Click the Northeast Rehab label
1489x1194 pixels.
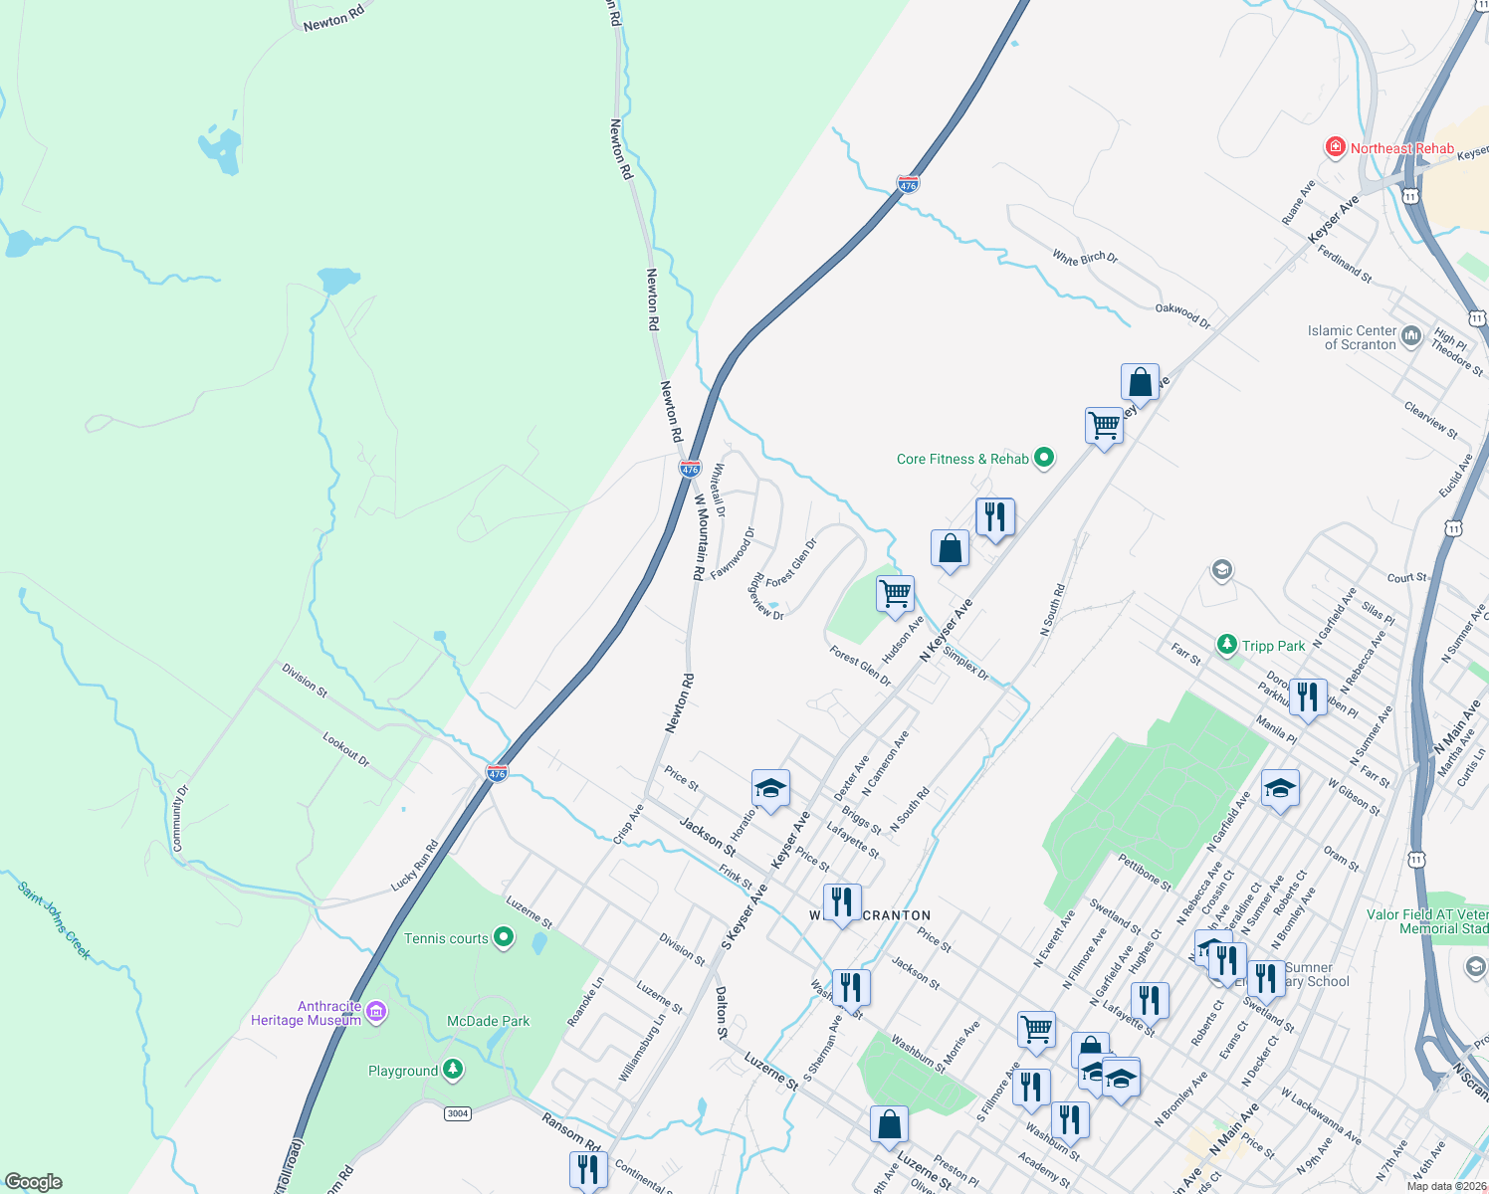click(x=1401, y=148)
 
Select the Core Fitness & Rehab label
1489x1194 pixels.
click(x=962, y=459)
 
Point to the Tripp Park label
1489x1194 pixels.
click(x=1273, y=646)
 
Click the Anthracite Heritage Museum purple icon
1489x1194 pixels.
click(x=376, y=1012)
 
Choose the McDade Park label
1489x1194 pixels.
click(x=488, y=1021)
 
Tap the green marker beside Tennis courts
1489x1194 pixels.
click(x=504, y=936)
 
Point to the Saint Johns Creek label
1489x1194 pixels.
click(x=55, y=920)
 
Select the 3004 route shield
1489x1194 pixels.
click(x=457, y=1112)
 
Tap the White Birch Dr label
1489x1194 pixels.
click(x=1085, y=257)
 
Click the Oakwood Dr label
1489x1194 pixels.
click(x=1182, y=315)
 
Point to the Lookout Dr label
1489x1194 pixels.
click(x=345, y=748)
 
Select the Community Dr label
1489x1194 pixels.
click(x=179, y=818)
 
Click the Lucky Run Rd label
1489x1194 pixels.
click(x=414, y=866)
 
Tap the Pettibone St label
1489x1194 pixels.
click(x=1145, y=872)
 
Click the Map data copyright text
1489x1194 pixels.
click(x=1445, y=1186)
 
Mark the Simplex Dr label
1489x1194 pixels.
click(x=965, y=663)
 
